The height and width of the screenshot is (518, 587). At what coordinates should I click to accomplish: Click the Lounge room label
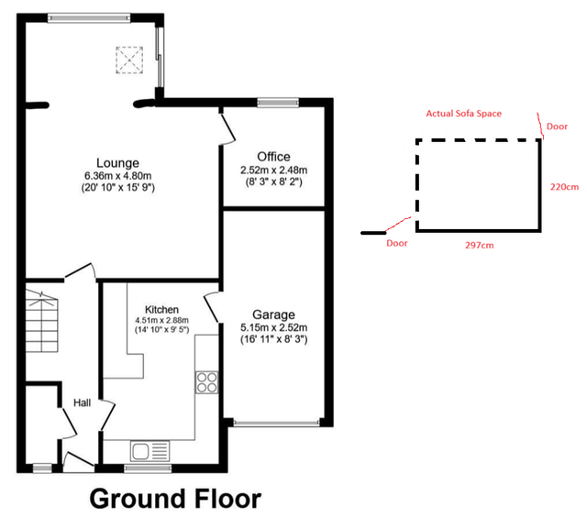(x=117, y=163)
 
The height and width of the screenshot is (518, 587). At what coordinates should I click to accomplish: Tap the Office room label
(x=273, y=157)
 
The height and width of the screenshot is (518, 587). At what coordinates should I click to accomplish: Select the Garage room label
(x=273, y=314)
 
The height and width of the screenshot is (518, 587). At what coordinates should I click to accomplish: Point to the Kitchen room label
(x=161, y=310)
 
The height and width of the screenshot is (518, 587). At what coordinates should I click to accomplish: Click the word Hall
(x=82, y=402)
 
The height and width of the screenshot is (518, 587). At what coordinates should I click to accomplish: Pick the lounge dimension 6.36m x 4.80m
(x=118, y=175)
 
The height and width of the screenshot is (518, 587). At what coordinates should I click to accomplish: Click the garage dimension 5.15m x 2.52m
(x=273, y=327)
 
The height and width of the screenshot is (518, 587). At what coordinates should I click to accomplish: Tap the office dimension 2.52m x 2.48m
(x=273, y=170)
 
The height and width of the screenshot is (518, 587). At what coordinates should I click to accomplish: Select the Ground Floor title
(x=175, y=499)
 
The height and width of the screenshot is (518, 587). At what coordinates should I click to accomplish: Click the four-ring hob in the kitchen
(x=206, y=382)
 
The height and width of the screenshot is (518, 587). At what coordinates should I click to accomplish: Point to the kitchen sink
(x=150, y=451)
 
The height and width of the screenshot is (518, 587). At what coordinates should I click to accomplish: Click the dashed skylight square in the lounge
(x=129, y=60)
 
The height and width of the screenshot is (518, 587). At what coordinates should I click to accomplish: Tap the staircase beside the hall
(x=41, y=322)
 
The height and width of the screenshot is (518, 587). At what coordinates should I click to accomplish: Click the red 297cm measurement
(x=479, y=245)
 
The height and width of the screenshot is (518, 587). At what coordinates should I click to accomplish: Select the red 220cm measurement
(x=564, y=186)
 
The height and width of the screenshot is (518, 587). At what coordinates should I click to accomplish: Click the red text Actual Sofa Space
(x=464, y=114)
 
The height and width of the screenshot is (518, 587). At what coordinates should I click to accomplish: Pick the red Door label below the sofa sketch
(x=397, y=243)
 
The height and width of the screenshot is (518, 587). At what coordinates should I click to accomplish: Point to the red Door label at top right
(x=557, y=127)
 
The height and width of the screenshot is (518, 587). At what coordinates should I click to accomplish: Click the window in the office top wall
(x=278, y=102)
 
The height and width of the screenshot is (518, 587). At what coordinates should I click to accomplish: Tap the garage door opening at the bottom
(x=277, y=424)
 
